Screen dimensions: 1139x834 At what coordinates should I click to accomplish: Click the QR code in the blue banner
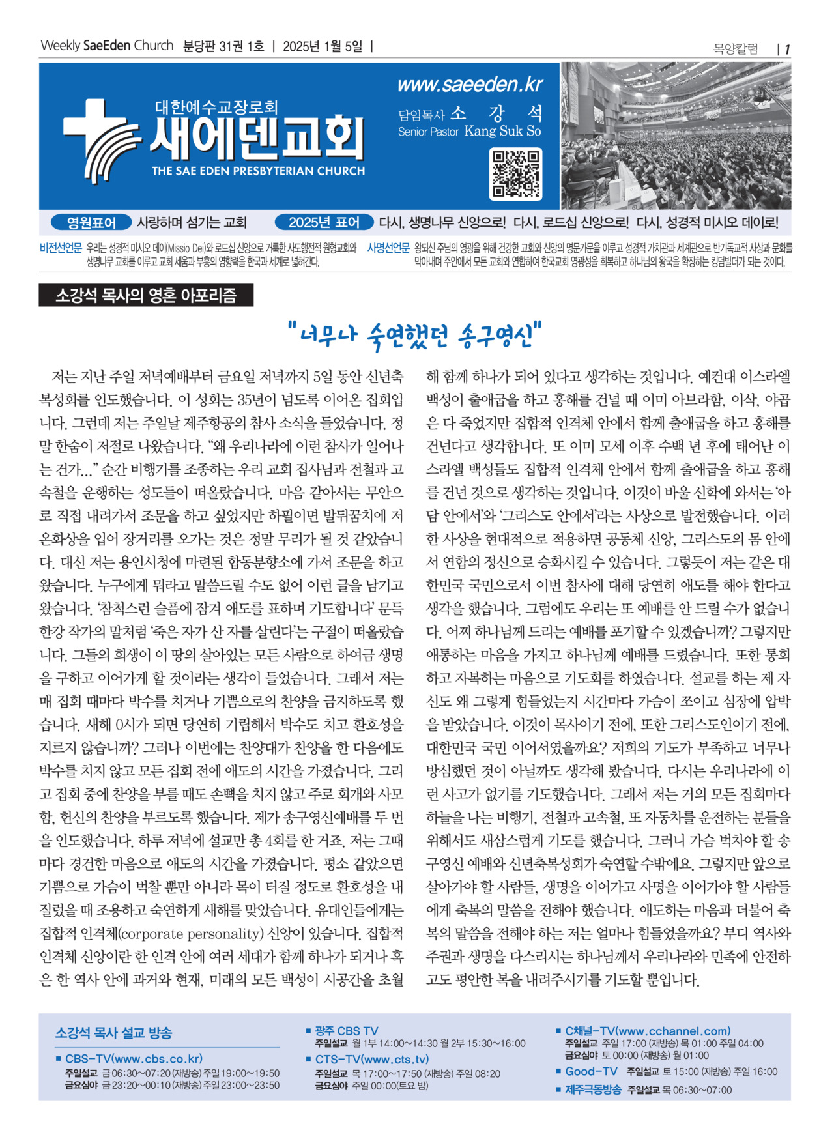pos(515,173)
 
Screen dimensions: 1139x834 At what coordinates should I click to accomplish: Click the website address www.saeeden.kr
pos(469,85)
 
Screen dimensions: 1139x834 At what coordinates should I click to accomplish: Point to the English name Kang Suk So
pos(502,131)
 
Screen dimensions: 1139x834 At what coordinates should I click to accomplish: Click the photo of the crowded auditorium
pos(676,136)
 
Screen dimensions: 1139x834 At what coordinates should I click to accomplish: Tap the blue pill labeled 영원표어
pos(91,223)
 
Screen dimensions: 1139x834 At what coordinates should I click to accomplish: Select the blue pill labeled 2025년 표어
pos(324,223)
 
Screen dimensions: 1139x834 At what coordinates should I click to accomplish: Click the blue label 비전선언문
pos(61,248)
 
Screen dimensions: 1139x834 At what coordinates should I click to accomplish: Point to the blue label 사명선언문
pos(388,248)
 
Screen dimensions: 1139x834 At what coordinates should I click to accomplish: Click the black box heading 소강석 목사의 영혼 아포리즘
pos(146,296)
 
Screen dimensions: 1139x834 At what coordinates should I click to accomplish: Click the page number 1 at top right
pos(787,49)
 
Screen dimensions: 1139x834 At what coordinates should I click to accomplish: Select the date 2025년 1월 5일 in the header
pos(323,46)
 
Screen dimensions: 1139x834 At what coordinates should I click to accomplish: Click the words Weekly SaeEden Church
pos(107,46)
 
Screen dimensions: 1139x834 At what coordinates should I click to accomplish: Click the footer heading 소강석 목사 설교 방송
pos(113,1033)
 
